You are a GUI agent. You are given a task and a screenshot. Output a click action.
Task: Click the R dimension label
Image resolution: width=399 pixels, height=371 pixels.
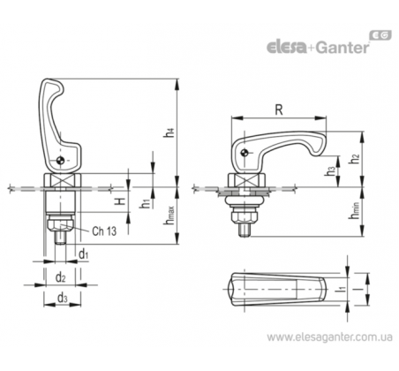[279, 110]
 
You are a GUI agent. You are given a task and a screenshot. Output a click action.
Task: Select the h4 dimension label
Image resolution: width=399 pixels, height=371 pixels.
[170, 132]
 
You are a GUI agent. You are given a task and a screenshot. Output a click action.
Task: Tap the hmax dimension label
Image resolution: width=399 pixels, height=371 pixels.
[169, 216]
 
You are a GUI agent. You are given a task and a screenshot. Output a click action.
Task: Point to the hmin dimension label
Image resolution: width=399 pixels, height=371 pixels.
[354, 210]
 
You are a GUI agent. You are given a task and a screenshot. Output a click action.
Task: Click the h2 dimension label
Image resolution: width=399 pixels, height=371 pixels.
[354, 159]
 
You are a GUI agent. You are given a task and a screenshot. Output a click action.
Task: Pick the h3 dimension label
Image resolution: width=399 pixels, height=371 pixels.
[330, 170]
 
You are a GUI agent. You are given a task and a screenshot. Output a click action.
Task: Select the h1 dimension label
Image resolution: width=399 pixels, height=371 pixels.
[145, 203]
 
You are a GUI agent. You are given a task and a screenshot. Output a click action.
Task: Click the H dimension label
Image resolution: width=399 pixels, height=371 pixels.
[120, 201]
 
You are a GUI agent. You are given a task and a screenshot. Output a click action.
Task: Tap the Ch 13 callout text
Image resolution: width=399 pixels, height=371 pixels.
[104, 231]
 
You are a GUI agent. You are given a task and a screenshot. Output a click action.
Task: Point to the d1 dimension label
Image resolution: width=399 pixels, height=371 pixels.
[84, 254]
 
